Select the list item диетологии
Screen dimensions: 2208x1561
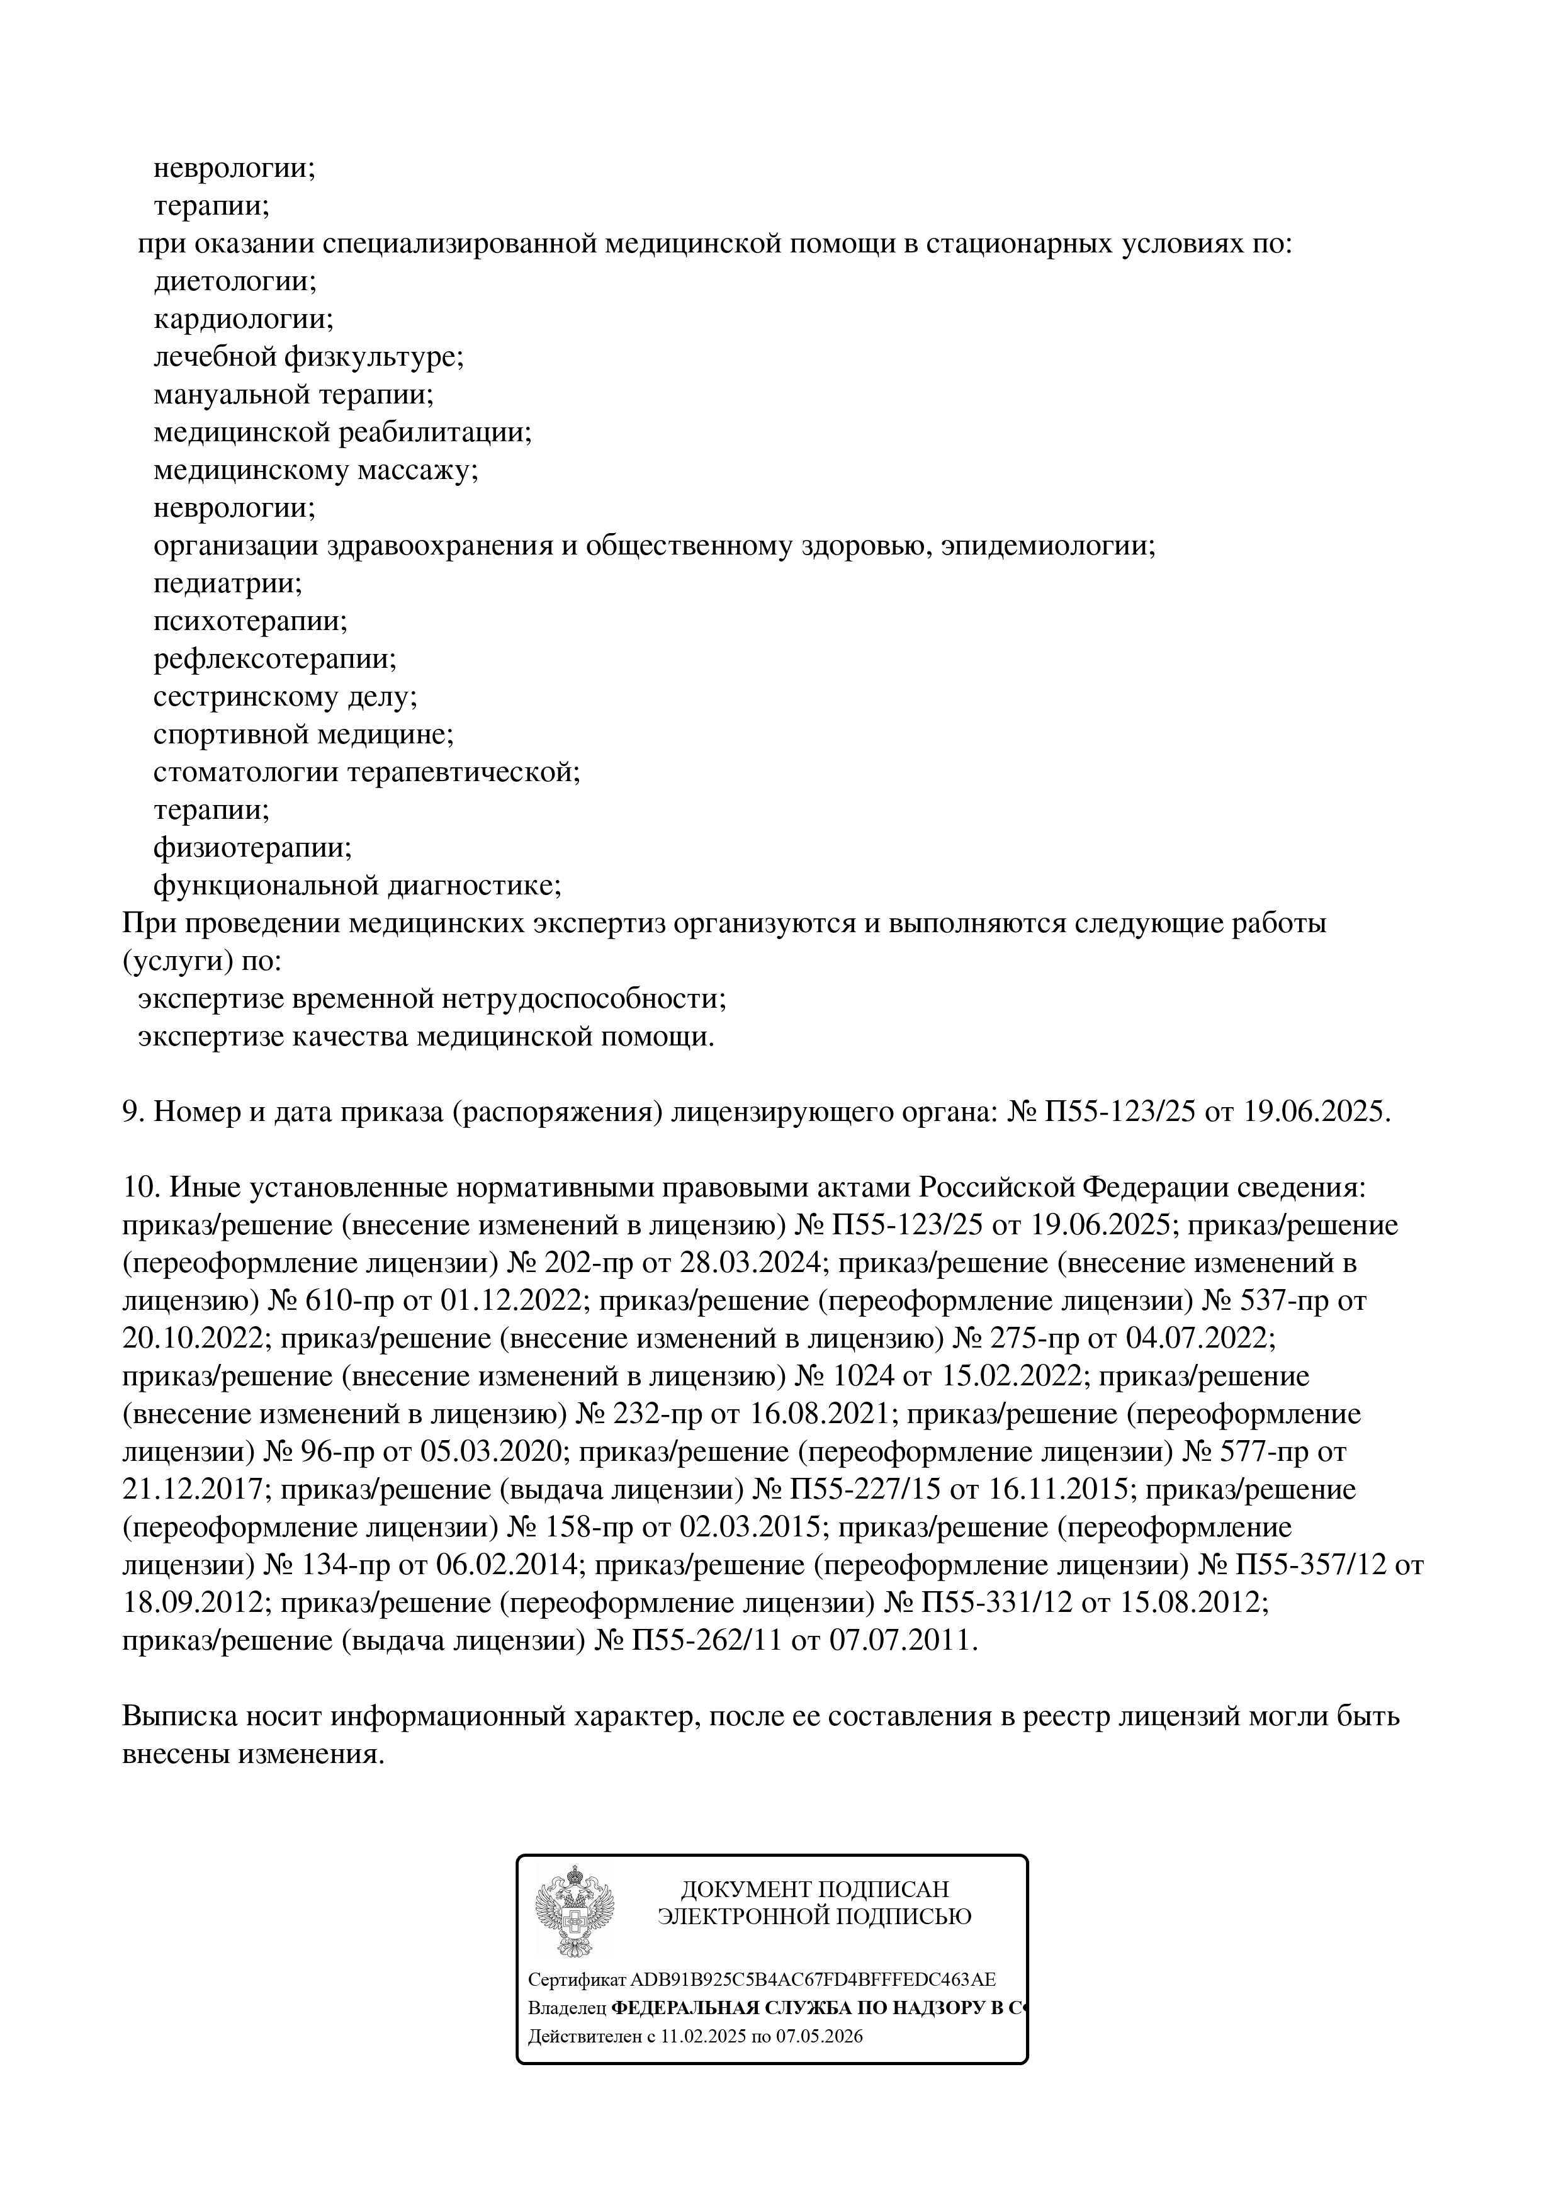(x=235, y=282)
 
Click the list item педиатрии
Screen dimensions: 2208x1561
(x=228, y=583)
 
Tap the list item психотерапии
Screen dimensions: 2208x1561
(x=250, y=621)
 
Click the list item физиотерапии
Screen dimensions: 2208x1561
(x=252, y=848)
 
